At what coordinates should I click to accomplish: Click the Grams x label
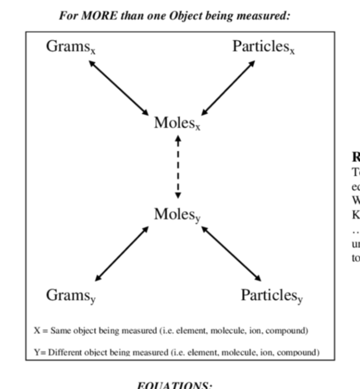(x=71, y=46)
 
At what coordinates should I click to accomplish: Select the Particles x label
(x=263, y=46)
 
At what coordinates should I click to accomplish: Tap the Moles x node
(x=177, y=123)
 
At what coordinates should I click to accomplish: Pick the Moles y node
(x=177, y=214)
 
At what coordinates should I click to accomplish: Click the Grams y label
(x=71, y=296)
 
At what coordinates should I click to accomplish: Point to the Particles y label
(x=272, y=296)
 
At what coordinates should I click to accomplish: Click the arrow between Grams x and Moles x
(x=119, y=88)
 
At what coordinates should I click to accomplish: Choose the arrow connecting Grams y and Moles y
(x=122, y=253)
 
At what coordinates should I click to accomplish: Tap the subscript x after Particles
(x=292, y=51)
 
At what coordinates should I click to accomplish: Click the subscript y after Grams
(x=93, y=299)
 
